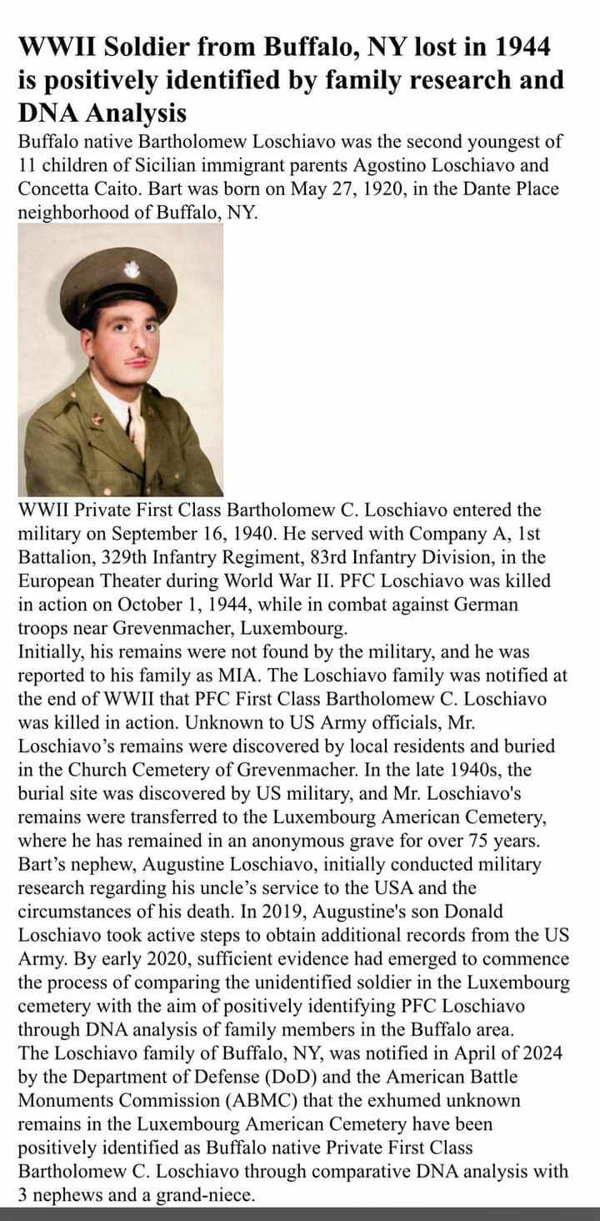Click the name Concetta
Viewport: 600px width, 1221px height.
click(54, 188)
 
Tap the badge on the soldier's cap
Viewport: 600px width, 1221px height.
click(131, 269)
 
